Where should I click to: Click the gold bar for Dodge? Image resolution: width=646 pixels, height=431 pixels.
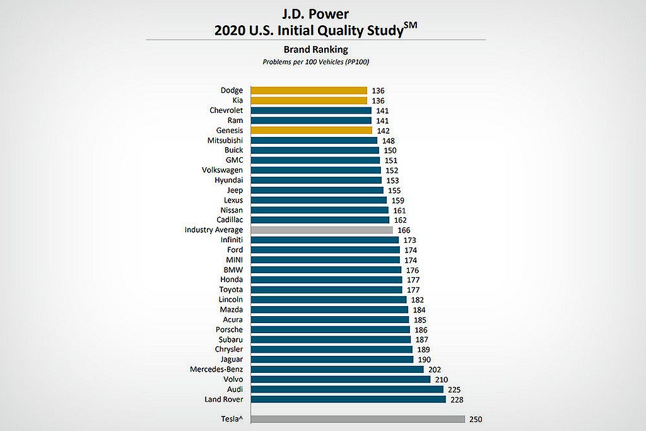pos(308,90)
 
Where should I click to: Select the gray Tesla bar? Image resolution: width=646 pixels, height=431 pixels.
pos(358,419)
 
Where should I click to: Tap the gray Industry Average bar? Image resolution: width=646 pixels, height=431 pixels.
pos(322,230)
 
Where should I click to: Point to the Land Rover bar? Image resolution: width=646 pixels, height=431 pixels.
pos(348,399)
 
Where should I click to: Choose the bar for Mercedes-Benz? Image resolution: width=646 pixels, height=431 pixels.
pos(337,369)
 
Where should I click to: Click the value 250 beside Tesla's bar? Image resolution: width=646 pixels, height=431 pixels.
pos(476,419)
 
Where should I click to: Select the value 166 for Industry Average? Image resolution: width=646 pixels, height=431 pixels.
pos(404,230)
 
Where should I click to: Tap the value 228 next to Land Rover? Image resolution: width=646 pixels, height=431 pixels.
pos(457,399)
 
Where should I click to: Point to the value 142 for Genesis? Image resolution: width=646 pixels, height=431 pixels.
pos(383,131)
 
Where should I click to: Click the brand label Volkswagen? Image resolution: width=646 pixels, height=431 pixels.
pos(222,170)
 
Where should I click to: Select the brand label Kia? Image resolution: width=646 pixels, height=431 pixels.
pos(237,100)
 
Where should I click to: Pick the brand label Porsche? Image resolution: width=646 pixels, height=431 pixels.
pos(229,329)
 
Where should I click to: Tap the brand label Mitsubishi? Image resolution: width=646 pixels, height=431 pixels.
pos(225,140)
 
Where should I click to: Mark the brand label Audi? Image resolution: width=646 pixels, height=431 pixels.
pos(234,389)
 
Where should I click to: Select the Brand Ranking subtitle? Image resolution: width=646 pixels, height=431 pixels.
pos(315,49)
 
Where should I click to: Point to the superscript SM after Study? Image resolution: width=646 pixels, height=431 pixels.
pos(411,25)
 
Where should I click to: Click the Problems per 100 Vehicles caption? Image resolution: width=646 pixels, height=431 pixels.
pos(315,62)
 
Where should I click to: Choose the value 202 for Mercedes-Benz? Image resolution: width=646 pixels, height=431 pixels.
pos(435,370)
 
